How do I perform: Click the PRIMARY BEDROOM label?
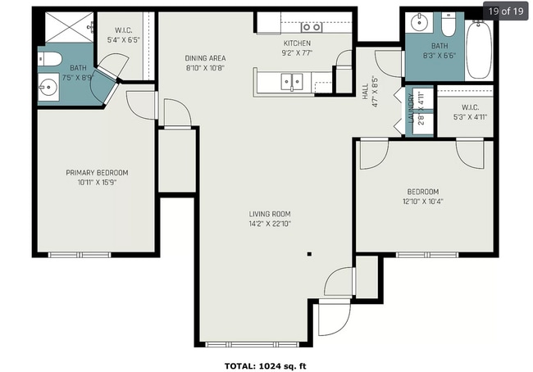coord(97,173)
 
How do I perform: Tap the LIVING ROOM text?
coord(270,214)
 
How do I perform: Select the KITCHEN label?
coord(298,43)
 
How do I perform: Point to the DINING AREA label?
coord(205,58)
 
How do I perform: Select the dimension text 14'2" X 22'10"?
coord(270,224)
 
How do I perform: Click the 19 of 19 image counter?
coord(505,11)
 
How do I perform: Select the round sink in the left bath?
coord(47,85)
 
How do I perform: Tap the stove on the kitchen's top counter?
coord(312,27)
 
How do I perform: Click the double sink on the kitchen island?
coord(290,80)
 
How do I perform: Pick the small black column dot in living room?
coord(309,254)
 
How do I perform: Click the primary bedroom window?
coord(80,255)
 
